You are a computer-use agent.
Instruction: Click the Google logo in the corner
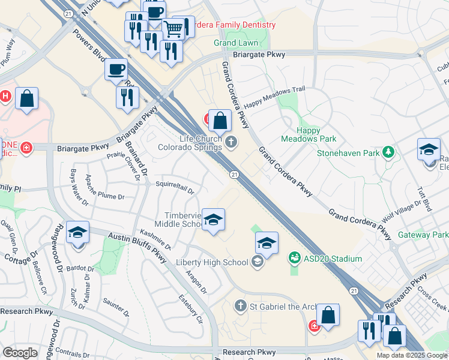tap(20, 353)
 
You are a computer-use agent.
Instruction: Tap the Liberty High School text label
tap(212, 262)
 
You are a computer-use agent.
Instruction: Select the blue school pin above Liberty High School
tap(267, 243)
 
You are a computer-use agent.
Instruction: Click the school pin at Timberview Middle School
tap(213, 220)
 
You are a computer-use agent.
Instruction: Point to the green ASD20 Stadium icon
tap(294, 259)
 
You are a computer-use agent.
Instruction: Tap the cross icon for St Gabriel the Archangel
tap(240, 307)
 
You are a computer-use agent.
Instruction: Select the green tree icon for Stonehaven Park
tap(389, 153)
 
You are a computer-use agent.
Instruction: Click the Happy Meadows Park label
tap(316, 135)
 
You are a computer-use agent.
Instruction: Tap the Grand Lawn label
tap(237, 43)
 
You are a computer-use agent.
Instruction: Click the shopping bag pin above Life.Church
tap(221, 120)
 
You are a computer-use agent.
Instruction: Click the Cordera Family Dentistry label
tap(235, 25)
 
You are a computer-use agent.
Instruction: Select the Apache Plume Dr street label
tap(104, 187)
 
